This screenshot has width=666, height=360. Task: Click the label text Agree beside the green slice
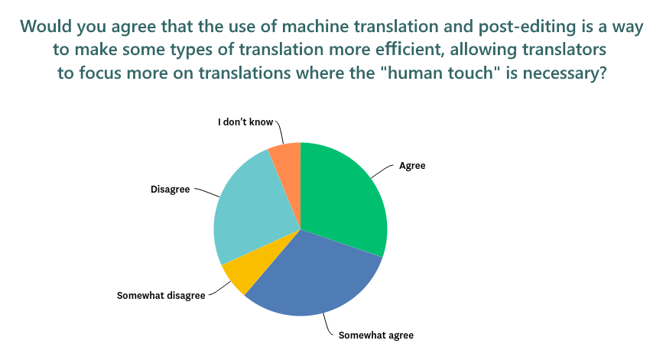coord(412,166)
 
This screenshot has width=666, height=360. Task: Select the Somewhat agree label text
coord(376,336)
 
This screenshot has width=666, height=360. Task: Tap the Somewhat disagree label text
coord(161,296)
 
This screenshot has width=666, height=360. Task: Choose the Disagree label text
coord(170,190)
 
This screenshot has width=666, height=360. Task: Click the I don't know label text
coord(245,122)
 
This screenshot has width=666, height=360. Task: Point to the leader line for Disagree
coord(207,191)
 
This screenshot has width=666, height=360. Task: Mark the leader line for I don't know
coord(281,131)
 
